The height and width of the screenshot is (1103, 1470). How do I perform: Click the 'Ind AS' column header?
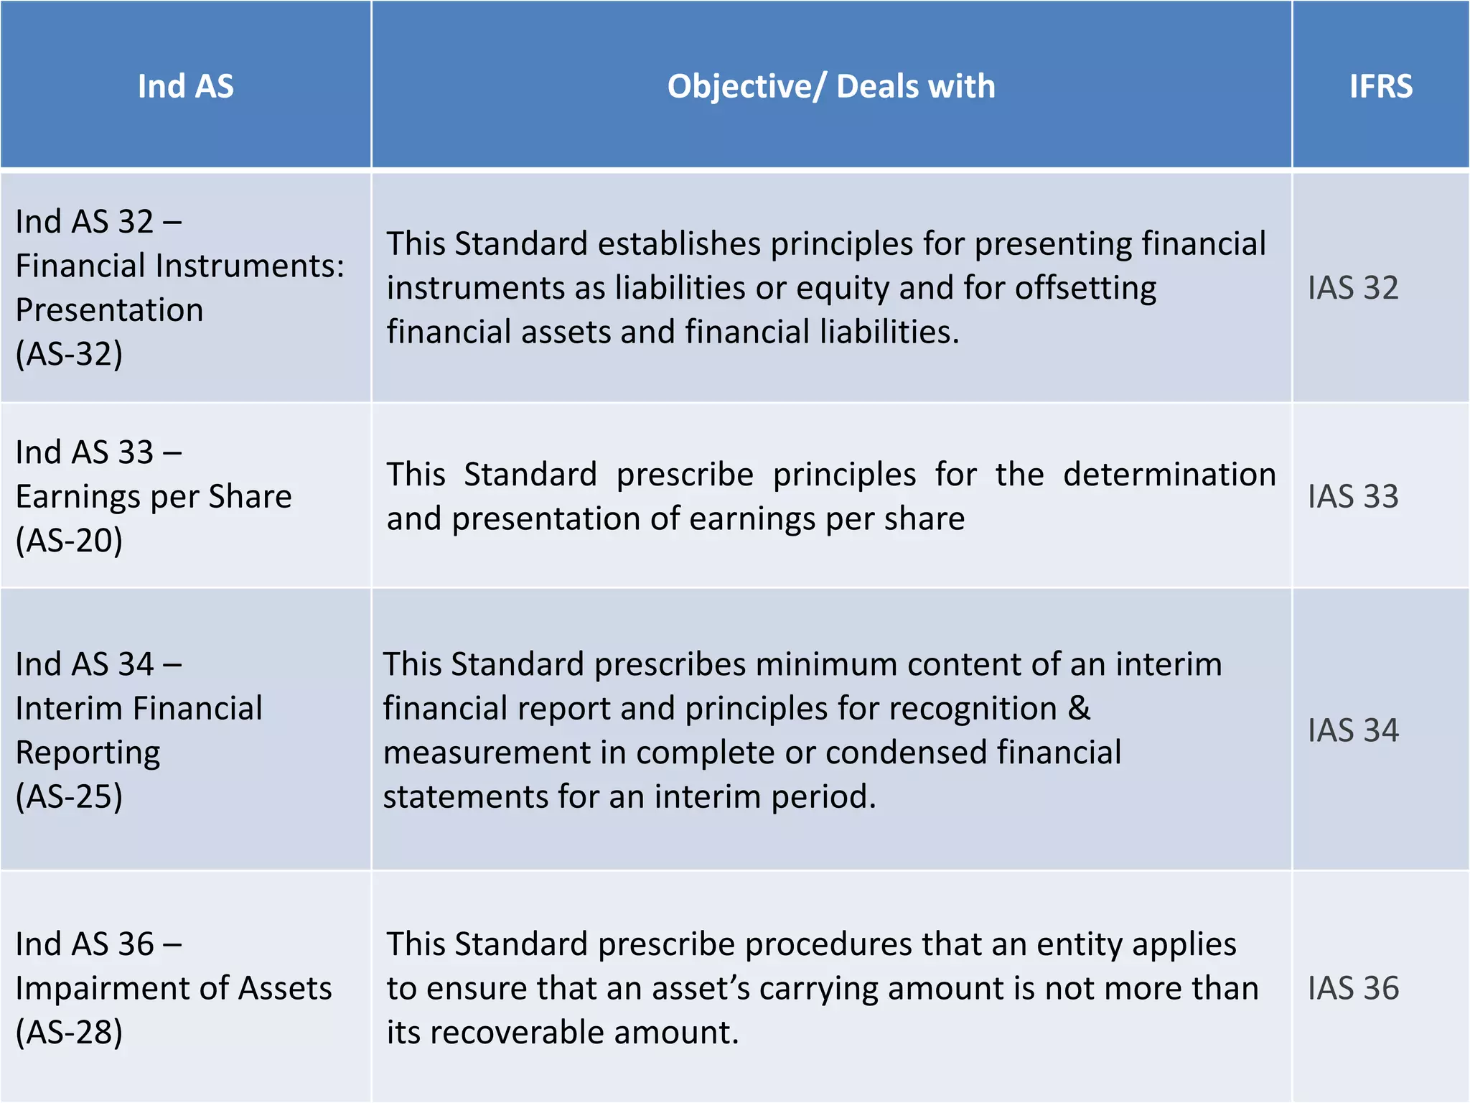(x=185, y=86)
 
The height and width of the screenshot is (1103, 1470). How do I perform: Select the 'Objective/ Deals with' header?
(x=831, y=86)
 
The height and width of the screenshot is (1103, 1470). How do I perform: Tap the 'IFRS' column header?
(x=1380, y=86)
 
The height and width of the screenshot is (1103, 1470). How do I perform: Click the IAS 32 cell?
(x=1353, y=288)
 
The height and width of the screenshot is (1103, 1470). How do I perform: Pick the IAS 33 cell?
(x=1353, y=496)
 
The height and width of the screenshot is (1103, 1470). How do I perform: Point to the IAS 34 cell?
(x=1353, y=730)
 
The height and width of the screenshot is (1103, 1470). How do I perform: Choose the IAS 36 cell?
(x=1353, y=988)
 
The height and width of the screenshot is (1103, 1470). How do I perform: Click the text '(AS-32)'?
(x=70, y=354)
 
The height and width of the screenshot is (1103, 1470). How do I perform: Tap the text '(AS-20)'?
(x=70, y=540)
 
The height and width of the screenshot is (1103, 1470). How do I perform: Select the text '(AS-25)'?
(x=70, y=796)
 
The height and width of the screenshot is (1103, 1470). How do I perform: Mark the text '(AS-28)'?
(x=70, y=1032)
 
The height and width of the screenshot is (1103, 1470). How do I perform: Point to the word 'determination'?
(x=1169, y=475)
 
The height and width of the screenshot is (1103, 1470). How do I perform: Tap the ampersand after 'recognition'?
(x=1079, y=709)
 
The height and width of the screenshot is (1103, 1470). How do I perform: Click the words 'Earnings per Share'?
(x=154, y=496)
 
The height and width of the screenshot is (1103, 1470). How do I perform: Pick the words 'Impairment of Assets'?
(x=174, y=988)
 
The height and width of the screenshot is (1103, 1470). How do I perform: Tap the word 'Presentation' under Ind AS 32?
(x=110, y=310)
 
